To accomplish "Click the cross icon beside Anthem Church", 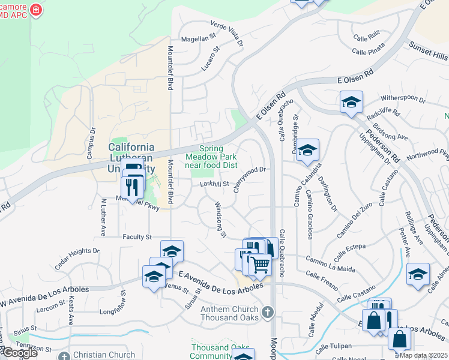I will (268, 312).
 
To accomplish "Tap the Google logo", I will (19, 353).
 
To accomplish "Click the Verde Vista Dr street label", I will (227, 32).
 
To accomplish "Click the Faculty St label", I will (137, 238).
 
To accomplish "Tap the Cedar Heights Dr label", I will (77, 257).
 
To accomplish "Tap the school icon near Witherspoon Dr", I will (351, 101).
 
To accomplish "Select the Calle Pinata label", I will (385, 51).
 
